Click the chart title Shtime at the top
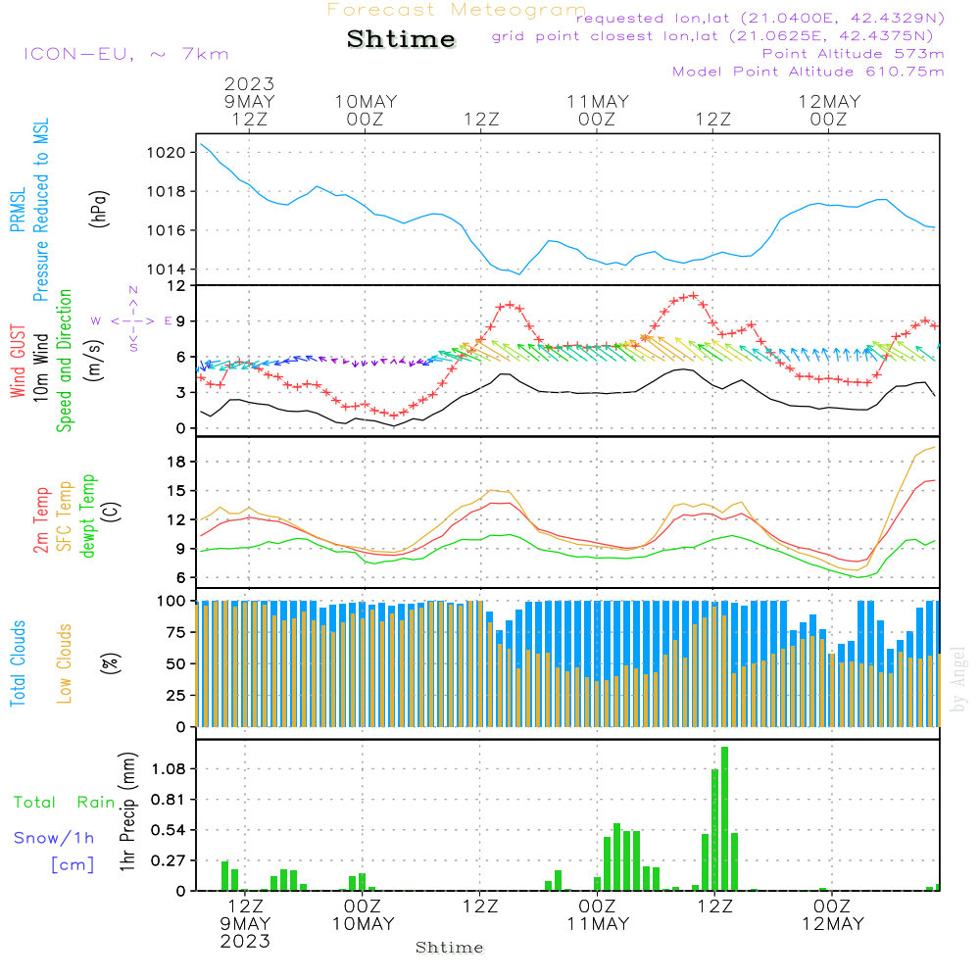click(x=401, y=39)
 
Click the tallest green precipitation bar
click(x=724, y=818)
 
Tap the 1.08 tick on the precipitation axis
click(x=167, y=768)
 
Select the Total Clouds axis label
click(x=18, y=663)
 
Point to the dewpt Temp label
click(x=88, y=516)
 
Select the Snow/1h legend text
click(x=55, y=838)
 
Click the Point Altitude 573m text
click(x=853, y=53)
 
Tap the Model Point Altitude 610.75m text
click(x=808, y=71)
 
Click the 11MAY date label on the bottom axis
click(x=597, y=924)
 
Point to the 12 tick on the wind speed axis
click(x=176, y=285)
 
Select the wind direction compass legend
click(x=133, y=319)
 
